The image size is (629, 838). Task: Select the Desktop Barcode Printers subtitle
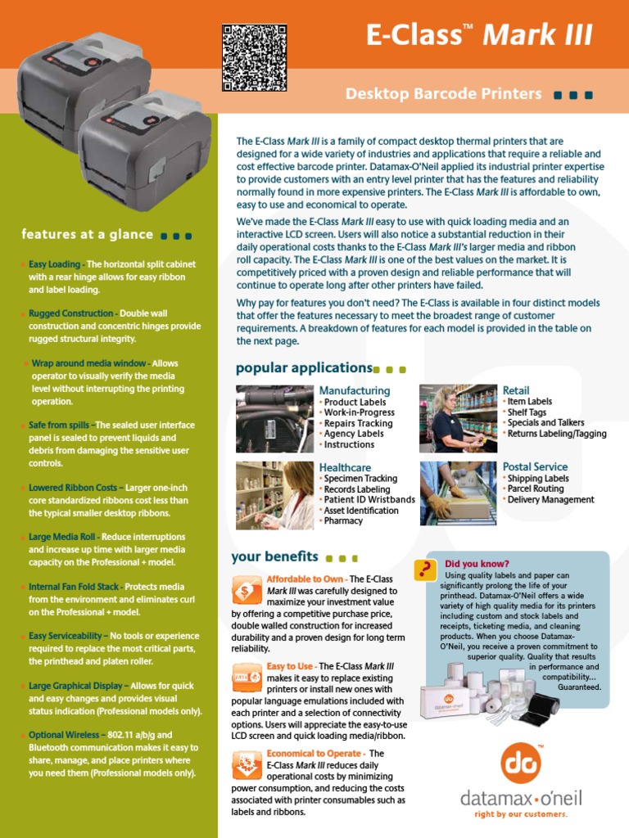(x=443, y=94)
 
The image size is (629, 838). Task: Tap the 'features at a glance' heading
(x=87, y=235)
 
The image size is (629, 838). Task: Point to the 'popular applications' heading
(x=304, y=368)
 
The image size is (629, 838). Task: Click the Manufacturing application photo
(x=274, y=418)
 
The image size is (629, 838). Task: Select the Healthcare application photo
(x=274, y=493)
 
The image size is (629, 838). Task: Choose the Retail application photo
(x=458, y=418)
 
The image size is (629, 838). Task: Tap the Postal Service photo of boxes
(x=458, y=493)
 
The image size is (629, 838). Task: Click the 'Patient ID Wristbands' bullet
(x=369, y=500)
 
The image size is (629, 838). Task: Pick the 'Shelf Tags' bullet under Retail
(x=527, y=412)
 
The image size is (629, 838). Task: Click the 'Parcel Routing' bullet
(x=536, y=489)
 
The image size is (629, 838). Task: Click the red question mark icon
(x=425, y=570)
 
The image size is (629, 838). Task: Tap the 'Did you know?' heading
(x=477, y=564)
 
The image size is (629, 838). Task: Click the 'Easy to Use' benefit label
(x=290, y=667)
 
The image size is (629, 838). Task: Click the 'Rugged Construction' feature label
(x=70, y=313)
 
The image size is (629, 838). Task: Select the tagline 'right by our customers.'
(x=521, y=815)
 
